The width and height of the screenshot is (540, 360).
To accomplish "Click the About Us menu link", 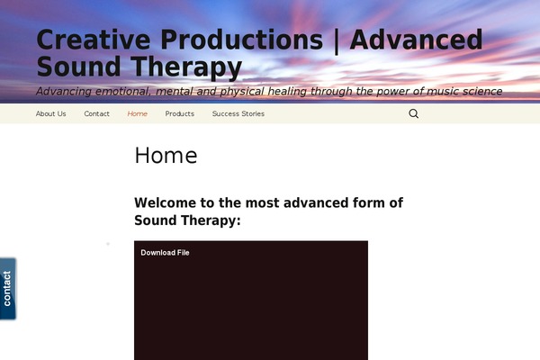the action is pos(51,113).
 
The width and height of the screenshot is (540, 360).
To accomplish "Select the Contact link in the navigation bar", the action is pos(97,113).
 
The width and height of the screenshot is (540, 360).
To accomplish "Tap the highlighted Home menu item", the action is pos(138,113).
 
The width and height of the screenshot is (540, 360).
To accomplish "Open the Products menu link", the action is pos(180,113).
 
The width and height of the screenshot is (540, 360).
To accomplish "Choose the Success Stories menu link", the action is pos(238,113).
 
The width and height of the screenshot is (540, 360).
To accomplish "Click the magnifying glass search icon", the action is pos(414,113).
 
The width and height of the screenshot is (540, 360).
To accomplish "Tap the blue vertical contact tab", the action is pos(7,289).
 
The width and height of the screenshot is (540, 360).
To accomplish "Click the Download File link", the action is pos(165,253).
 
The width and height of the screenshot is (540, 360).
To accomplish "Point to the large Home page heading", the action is pos(166,156).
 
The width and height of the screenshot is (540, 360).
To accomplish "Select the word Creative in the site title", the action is pos(94,40).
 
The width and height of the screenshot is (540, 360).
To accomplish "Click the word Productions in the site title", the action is pos(242,40).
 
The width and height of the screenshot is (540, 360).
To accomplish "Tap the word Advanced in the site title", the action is pos(416,40).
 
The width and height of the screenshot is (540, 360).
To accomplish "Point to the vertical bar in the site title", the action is pos(337,41).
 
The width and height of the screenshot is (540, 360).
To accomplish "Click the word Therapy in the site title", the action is pos(186,67).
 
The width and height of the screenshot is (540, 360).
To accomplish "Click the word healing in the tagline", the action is pos(287,92).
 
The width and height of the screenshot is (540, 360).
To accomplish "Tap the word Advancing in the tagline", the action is pos(64,92).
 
